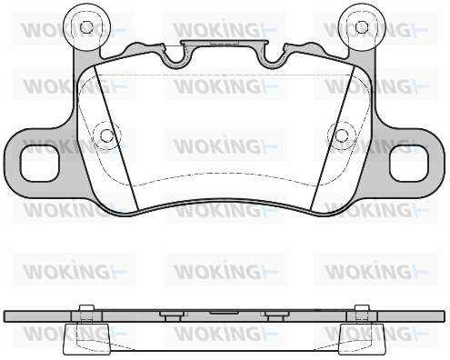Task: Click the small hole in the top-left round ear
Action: click(x=86, y=27)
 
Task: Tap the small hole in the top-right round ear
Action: click(x=361, y=27)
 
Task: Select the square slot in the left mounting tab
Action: click(x=39, y=164)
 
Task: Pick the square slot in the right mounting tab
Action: click(x=409, y=164)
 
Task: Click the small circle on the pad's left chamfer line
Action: click(x=105, y=135)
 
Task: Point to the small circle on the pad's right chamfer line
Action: click(x=342, y=135)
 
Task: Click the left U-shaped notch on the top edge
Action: click(x=176, y=56)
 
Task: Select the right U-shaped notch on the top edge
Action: click(x=272, y=56)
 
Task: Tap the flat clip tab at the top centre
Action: click(x=225, y=43)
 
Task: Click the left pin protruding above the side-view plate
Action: click(x=86, y=307)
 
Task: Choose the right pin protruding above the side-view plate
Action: click(x=362, y=307)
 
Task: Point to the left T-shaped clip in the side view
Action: click(x=172, y=315)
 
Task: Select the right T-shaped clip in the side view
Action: click(x=275, y=315)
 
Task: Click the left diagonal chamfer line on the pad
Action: click(x=116, y=138)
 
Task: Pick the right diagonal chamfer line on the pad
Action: click(x=333, y=138)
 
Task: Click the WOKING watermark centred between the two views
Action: click(x=225, y=271)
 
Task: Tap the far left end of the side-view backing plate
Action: click(x=5, y=315)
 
